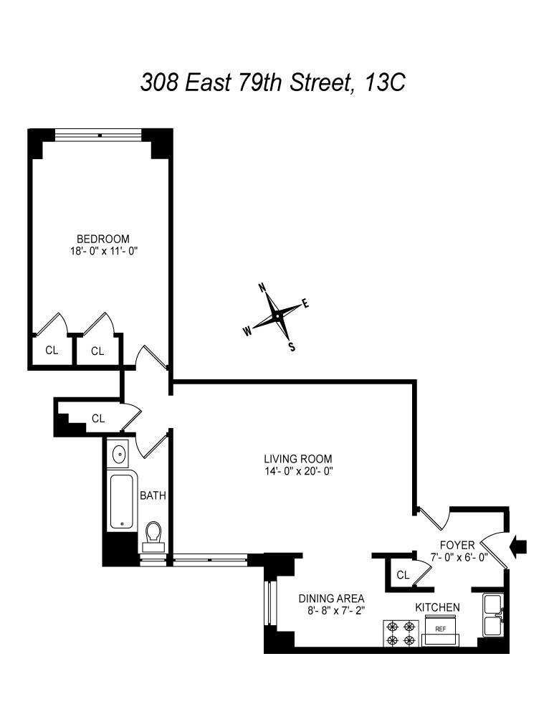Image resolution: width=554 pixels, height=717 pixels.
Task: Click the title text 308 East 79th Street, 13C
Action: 272,82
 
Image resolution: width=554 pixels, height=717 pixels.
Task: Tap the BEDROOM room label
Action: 103,239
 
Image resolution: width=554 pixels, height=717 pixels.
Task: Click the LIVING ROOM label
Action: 297,459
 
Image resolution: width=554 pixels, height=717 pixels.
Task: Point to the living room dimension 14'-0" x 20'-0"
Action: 297,471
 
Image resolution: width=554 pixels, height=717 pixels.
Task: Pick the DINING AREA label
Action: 332,599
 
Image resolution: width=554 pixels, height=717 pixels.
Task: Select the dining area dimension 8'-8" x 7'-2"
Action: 332,612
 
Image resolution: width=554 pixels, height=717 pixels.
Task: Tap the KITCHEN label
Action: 437,607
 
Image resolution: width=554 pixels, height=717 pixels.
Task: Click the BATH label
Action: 153,495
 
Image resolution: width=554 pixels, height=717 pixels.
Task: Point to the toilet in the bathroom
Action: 153,535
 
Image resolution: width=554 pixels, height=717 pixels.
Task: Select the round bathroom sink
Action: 119,454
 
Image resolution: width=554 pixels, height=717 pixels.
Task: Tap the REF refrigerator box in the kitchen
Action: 441,630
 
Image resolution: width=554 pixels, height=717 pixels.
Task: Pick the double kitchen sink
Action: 494,615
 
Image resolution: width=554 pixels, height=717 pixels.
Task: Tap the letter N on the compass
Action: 262,288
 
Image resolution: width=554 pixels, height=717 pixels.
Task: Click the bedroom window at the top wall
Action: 100,134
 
